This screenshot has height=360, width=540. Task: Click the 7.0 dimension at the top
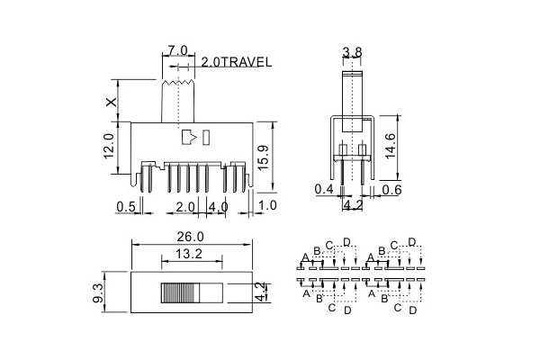coord(177,50)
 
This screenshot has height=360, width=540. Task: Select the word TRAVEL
coord(246,62)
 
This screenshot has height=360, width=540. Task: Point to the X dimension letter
coord(112,102)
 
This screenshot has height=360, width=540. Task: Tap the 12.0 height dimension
coord(109,146)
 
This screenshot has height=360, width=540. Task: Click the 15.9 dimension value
coord(263,157)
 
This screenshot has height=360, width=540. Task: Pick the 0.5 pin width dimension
coord(126,207)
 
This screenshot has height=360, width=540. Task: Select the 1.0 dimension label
coord(267,205)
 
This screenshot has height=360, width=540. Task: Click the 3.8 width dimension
coord(352,52)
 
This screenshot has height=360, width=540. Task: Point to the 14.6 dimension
coord(391,146)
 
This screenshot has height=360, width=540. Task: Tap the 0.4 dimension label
coord(324,189)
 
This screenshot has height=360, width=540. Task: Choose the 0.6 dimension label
coord(391,190)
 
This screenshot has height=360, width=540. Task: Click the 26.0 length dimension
coord(191,237)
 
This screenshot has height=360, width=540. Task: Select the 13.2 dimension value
coord(189,254)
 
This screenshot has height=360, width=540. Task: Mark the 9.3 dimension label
coord(98,292)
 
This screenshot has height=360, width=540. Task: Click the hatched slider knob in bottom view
coord(180,293)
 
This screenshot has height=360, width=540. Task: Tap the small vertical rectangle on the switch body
coord(206,137)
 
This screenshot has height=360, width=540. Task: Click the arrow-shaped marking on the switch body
coord(189,137)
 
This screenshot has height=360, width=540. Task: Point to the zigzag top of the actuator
coord(178,83)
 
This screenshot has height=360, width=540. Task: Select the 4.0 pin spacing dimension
coord(218,207)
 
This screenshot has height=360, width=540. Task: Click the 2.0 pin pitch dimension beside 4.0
coord(185,207)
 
